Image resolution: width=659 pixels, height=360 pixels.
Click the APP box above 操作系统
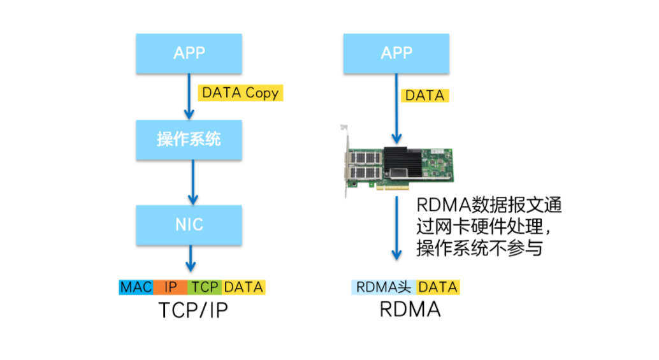pyautogui.click(x=189, y=53)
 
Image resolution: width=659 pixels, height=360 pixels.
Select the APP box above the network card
pyautogui.click(x=396, y=53)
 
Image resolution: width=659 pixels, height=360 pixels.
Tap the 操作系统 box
pyautogui.click(x=189, y=139)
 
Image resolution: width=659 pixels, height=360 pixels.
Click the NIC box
pyautogui.click(x=189, y=225)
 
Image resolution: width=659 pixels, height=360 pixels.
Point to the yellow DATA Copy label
pyautogui.click(x=240, y=93)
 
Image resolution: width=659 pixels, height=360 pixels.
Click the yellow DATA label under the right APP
pyautogui.click(x=425, y=96)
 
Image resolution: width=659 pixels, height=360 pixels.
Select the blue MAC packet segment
pyautogui.click(x=136, y=287)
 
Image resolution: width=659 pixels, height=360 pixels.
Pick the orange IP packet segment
pyautogui.click(x=170, y=287)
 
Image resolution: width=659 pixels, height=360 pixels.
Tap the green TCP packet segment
pyautogui.click(x=205, y=287)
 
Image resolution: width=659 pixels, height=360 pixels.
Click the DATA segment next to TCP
pyautogui.click(x=243, y=287)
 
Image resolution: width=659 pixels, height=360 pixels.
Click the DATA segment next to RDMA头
pyautogui.click(x=438, y=287)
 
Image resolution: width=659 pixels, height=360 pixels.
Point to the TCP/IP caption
pyautogui.click(x=192, y=310)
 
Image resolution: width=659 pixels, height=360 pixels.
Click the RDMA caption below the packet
pyautogui.click(x=410, y=310)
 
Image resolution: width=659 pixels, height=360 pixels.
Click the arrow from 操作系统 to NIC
pyautogui.click(x=189, y=182)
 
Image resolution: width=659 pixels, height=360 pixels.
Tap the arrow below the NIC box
pyautogui.click(x=189, y=259)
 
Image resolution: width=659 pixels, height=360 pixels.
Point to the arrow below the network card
pyautogui.click(x=396, y=229)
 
